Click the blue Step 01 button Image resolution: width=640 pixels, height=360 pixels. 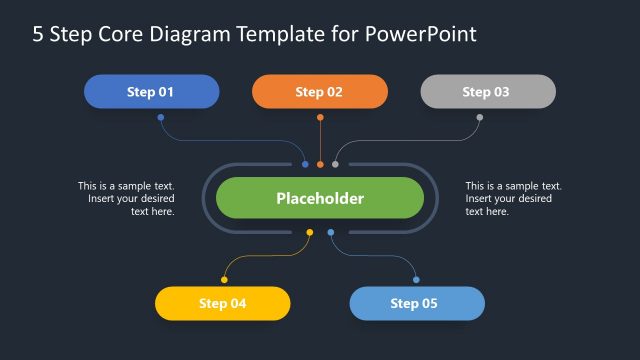click(151, 92)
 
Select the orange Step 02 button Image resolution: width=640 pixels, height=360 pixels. click(319, 92)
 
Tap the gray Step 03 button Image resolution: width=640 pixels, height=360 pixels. click(487, 92)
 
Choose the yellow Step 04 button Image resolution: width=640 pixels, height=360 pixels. click(222, 303)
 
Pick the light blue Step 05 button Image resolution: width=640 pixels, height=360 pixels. click(416, 303)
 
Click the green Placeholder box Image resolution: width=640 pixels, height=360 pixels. click(320, 198)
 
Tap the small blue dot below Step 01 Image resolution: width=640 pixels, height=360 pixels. click(160, 117)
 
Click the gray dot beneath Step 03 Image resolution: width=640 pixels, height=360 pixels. click(479, 117)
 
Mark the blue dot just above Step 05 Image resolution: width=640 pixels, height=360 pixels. click(416, 280)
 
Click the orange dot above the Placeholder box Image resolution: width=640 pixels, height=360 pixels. click(320, 164)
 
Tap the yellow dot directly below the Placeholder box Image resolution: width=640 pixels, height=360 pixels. click(309, 233)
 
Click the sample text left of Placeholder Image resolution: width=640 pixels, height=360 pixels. click(127, 198)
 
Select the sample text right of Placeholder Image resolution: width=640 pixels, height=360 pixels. click(513, 198)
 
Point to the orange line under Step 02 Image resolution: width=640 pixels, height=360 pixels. click(320, 140)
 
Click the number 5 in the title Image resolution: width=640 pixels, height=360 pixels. click(38, 35)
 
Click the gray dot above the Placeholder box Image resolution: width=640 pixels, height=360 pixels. click(335, 164)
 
